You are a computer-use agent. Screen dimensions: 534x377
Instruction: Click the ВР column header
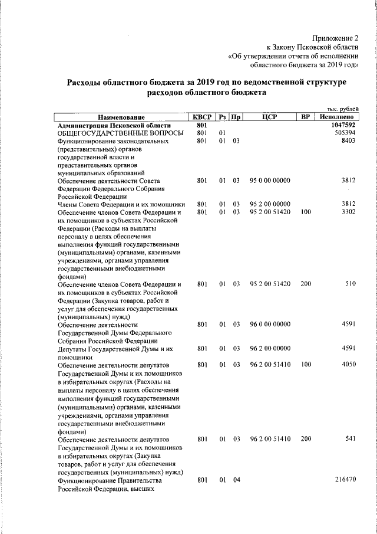point(305,117)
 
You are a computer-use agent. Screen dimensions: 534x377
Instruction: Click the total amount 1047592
point(343,126)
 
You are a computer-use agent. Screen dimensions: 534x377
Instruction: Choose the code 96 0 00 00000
point(270,324)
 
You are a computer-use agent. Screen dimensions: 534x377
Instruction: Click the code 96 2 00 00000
point(270,348)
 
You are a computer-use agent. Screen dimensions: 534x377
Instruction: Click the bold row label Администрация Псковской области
point(114,126)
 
